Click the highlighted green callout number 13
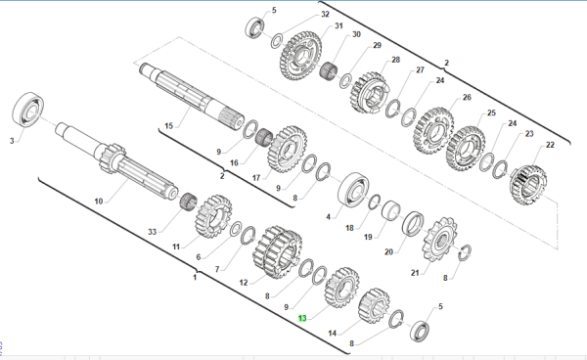point(302,318)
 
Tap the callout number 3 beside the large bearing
point(12,141)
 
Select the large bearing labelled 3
point(28,110)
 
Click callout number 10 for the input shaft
point(99,202)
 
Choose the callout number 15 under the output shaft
point(169,126)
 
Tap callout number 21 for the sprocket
point(415,273)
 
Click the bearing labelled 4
point(353,190)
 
